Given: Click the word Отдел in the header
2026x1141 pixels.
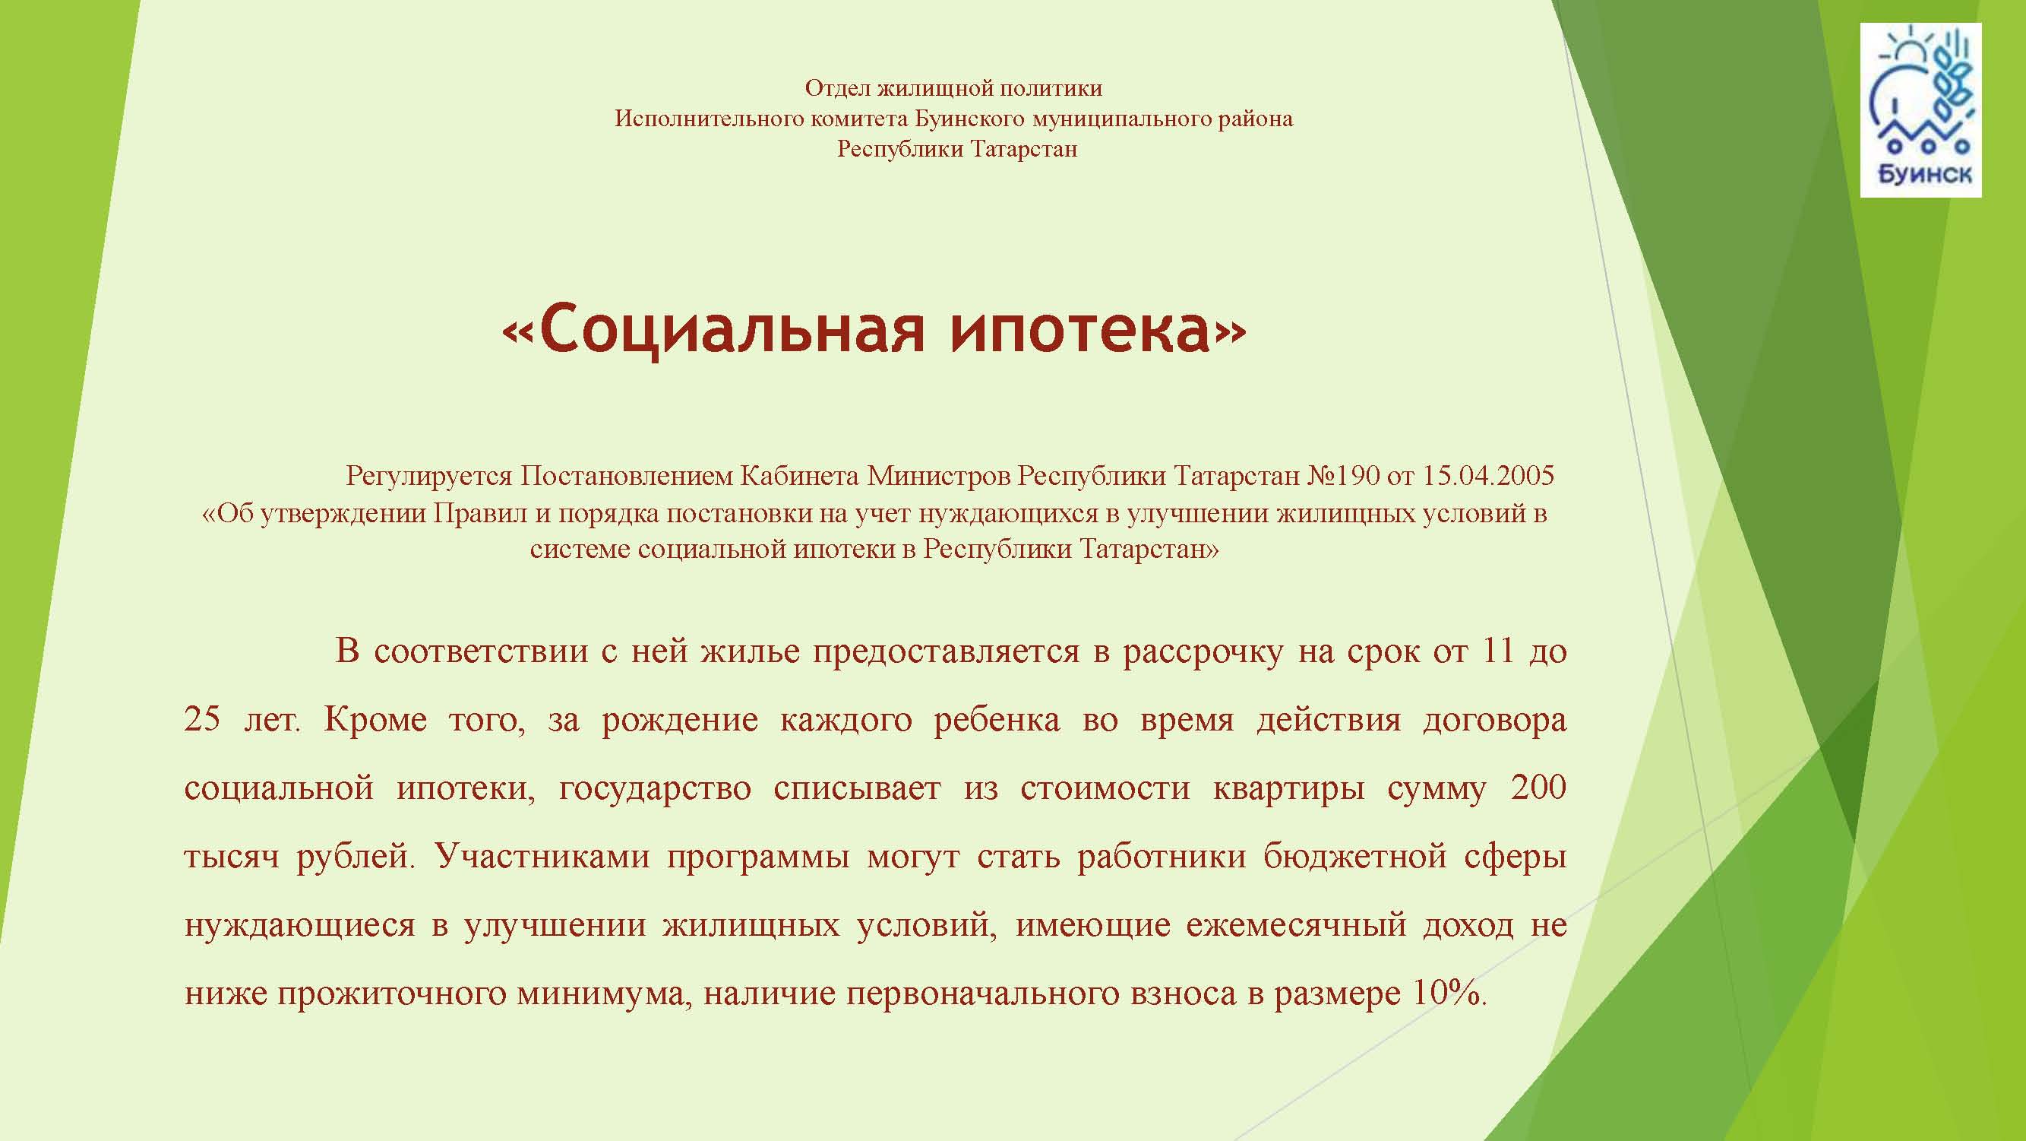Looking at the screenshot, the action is tap(838, 88).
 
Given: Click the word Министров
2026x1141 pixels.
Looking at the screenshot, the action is tap(938, 475).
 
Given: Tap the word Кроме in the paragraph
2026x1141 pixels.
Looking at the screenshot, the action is tap(375, 719).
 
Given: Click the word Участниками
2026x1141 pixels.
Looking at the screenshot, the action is tap(542, 856).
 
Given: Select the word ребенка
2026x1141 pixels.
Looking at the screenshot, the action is tap(997, 719).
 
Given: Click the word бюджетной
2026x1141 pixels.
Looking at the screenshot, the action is tap(1355, 856).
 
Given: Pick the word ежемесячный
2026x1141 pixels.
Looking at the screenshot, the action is tap(1296, 924).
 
